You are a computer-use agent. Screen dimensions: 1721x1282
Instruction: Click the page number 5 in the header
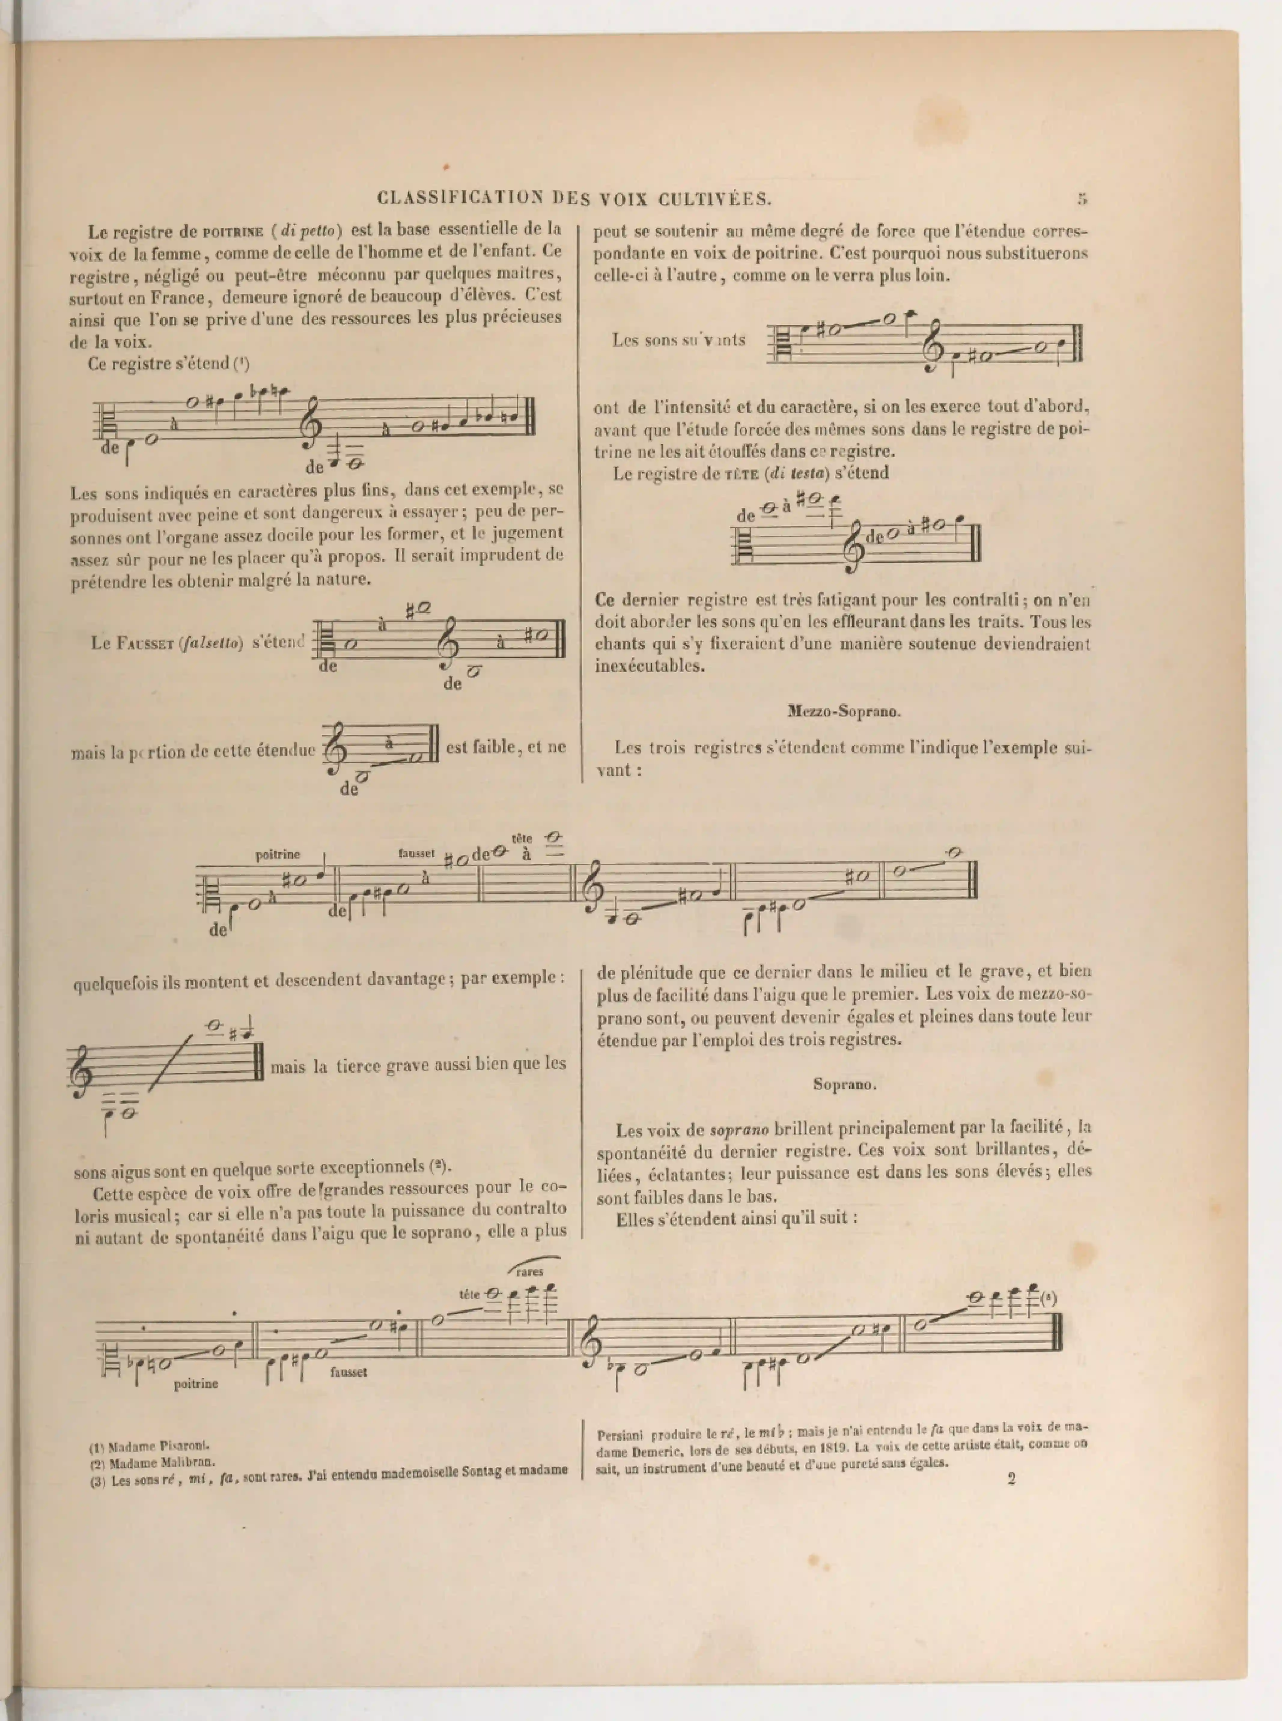(x=1082, y=199)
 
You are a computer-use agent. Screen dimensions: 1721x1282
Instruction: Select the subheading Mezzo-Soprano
(x=844, y=711)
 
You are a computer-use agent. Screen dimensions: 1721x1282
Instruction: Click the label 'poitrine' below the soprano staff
(x=196, y=1383)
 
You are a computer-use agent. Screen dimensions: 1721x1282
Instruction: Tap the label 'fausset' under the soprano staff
(x=349, y=1372)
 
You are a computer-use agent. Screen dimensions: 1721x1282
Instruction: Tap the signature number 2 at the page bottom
(x=1011, y=1479)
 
